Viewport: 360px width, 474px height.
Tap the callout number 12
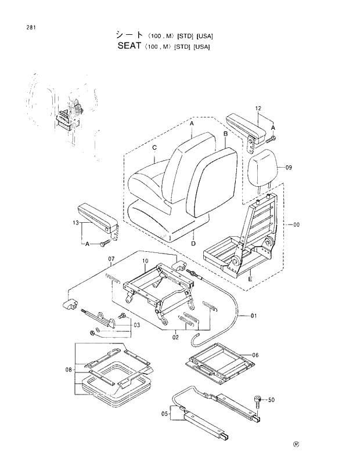(258, 108)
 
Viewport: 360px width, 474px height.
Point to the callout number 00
(297, 225)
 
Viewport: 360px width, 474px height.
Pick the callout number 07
(112, 258)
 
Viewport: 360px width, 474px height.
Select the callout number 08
(68, 369)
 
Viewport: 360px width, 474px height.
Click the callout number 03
(136, 325)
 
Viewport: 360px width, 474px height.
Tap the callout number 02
(175, 335)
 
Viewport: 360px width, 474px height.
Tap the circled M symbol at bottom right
(296, 446)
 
